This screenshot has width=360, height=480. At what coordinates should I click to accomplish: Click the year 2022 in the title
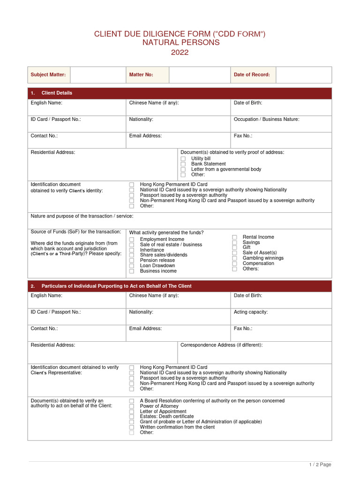pos(180,52)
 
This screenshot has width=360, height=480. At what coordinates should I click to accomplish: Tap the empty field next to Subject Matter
pos(98,75)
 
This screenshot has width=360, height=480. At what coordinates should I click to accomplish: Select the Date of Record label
pos(252,75)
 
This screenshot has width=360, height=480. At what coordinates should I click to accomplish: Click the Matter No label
pos(141,75)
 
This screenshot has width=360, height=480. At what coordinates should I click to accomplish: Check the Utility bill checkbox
pos(183,159)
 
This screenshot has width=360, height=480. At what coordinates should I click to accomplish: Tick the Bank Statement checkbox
pos(183,164)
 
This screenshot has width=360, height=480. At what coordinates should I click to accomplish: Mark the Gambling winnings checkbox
pos(234,258)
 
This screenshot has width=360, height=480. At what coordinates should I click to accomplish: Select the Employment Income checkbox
pos(132,240)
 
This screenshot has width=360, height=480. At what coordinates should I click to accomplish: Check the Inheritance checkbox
pos(132,250)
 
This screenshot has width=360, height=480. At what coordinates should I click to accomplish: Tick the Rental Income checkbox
pos(234,237)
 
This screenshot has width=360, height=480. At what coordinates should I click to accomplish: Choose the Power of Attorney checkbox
pos(132,406)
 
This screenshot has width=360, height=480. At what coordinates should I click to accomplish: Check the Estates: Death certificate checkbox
pos(132,417)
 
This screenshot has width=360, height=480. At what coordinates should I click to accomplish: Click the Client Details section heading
pos(57,93)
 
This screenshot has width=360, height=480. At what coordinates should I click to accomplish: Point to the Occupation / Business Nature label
pos(266,119)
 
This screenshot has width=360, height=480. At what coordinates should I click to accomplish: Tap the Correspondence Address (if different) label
pos(221,345)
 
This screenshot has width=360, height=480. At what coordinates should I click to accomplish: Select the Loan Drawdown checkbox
pos(132,266)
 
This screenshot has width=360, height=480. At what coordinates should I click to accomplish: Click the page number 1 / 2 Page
pos(320,465)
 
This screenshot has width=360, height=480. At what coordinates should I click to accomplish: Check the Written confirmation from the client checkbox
pos(132,427)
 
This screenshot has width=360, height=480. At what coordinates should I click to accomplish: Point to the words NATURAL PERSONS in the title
pos(180,43)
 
